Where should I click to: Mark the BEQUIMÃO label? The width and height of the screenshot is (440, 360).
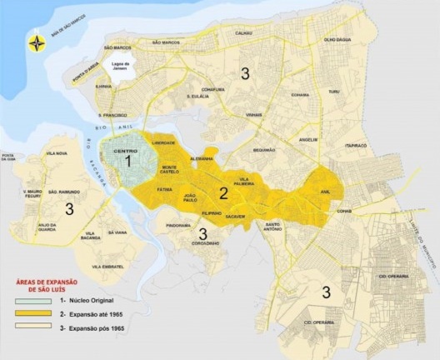click(264, 150)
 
